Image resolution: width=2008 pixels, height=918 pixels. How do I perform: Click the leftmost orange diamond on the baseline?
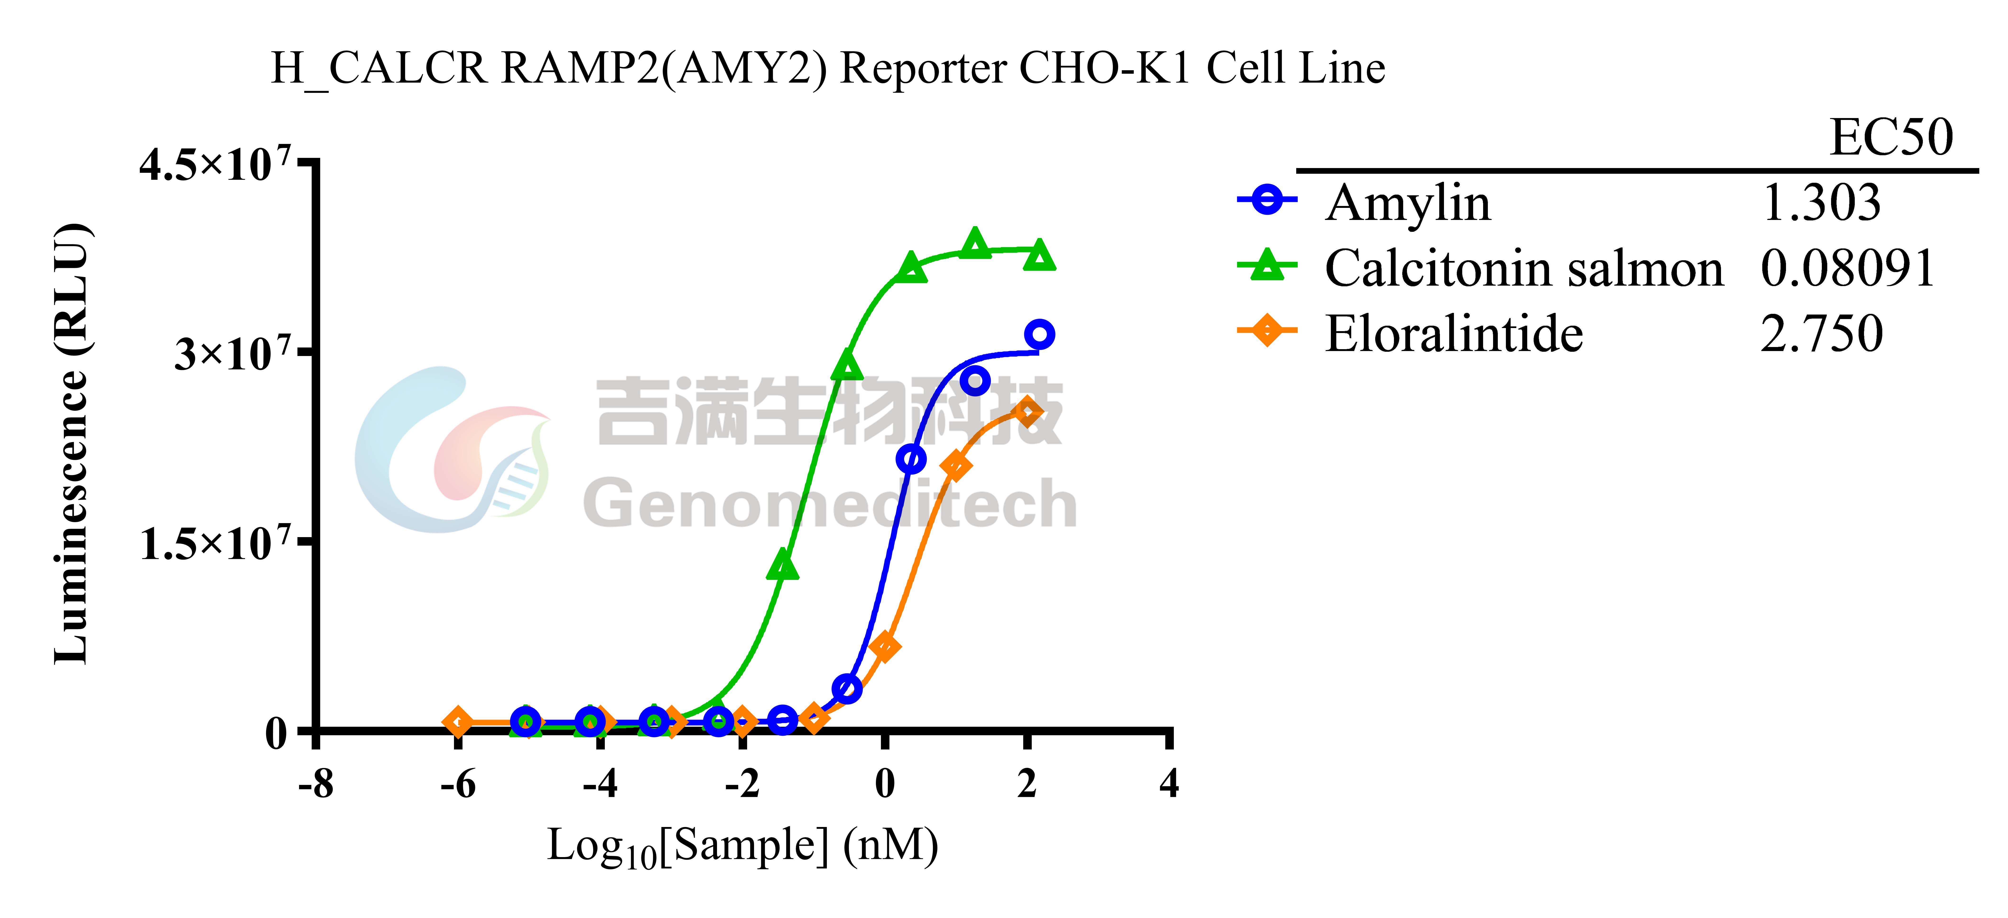pyautogui.click(x=458, y=722)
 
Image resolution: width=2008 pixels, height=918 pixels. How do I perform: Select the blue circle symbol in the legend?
pyautogui.click(x=1267, y=200)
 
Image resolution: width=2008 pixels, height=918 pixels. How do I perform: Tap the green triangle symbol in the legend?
pyautogui.click(x=1267, y=265)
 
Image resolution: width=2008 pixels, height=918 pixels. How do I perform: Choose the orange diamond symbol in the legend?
pyautogui.click(x=1267, y=330)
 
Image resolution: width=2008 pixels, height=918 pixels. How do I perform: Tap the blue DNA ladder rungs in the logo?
pyautogui.click(x=516, y=487)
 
